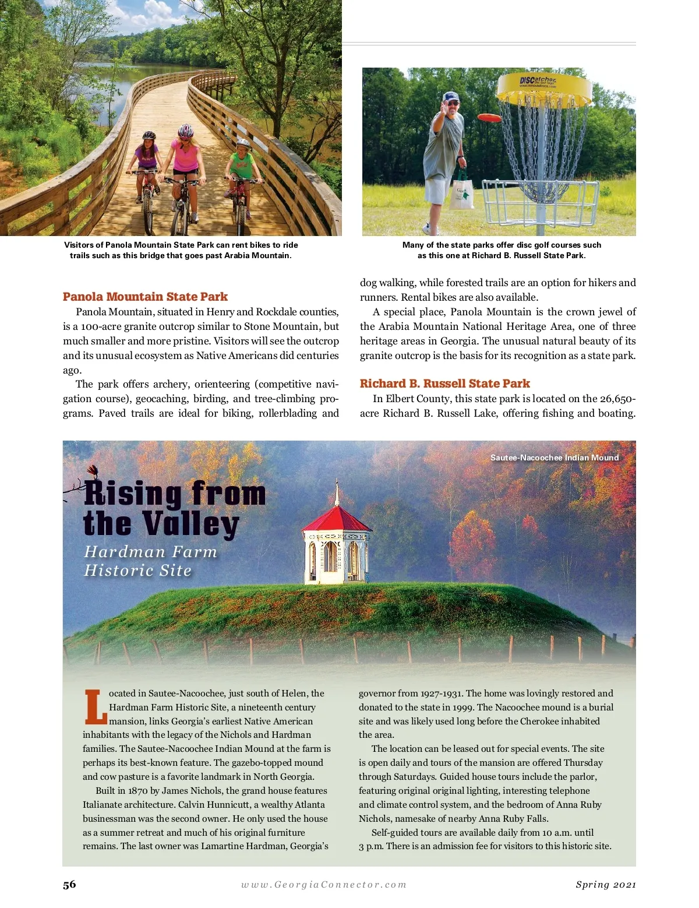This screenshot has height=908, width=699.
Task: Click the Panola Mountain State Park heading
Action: [x=145, y=297]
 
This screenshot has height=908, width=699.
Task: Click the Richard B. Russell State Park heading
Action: [x=444, y=383]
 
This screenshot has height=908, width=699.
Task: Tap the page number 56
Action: [x=69, y=884]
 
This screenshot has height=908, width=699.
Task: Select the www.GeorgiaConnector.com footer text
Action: [x=324, y=885]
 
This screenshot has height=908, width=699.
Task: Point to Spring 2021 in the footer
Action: [x=605, y=885]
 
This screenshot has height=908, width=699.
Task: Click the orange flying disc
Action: [x=489, y=118]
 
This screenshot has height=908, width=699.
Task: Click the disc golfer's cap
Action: [x=451, y=97]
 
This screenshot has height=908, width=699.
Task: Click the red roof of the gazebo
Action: [x=337, y=518]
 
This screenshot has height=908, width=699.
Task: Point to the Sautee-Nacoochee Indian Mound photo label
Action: [x=554, y=457]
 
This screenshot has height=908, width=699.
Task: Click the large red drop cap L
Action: [x=95, y=707]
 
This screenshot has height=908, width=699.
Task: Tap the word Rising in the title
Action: [x=133, y=494]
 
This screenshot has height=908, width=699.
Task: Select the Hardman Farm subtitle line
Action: [x=150, y=551]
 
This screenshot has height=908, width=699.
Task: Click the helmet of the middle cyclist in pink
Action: [x=185, y=130]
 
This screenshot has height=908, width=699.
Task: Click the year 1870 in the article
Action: [x=137, y=791]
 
